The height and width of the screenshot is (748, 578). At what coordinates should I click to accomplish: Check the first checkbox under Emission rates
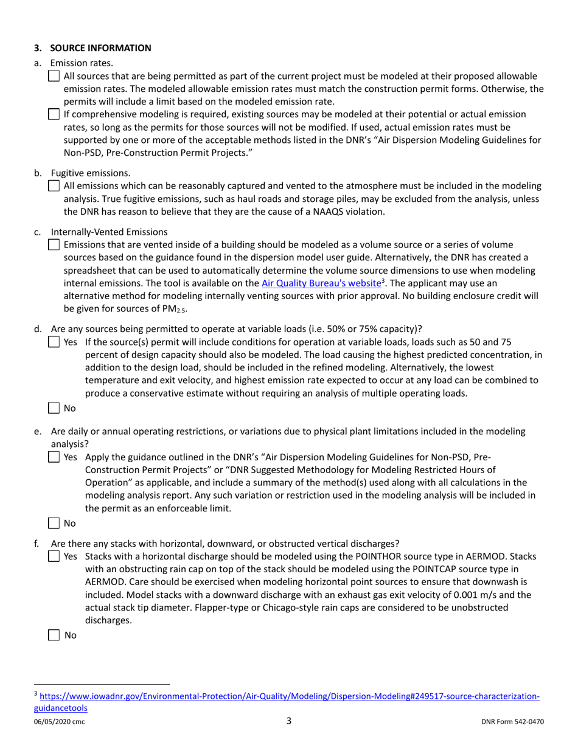[54, 77]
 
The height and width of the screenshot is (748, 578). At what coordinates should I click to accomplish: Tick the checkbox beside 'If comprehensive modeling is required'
[54, 114]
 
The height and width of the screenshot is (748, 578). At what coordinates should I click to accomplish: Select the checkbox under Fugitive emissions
[54, 187]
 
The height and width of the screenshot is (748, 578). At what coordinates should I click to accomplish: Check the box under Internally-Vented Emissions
[54, 244]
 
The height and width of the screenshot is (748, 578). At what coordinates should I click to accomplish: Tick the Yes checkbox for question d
[54, 343]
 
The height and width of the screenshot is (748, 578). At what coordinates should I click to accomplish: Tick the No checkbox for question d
[54, 409]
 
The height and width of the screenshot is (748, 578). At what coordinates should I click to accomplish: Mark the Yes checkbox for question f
[54, 556]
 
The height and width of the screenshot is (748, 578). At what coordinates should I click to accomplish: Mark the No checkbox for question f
[54, 635]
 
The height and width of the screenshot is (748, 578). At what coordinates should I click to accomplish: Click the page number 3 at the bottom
[289, 721]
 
